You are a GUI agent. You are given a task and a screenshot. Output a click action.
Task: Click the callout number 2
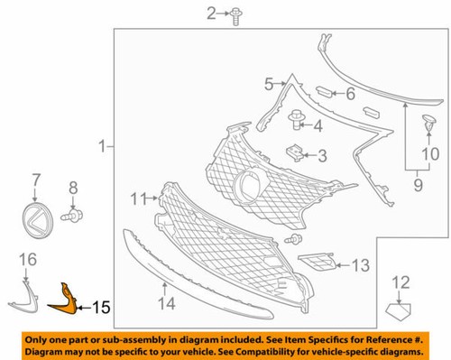pos(187,13)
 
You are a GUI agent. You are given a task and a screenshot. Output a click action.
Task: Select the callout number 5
pos(267,86)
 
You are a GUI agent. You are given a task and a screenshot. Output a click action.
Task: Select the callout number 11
pos(137,197)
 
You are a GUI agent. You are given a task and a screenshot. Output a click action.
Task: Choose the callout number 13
pos(362,266)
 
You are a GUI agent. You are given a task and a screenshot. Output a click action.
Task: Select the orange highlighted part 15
pos(65,300)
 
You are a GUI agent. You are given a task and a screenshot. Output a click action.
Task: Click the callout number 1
pos(103,145)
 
